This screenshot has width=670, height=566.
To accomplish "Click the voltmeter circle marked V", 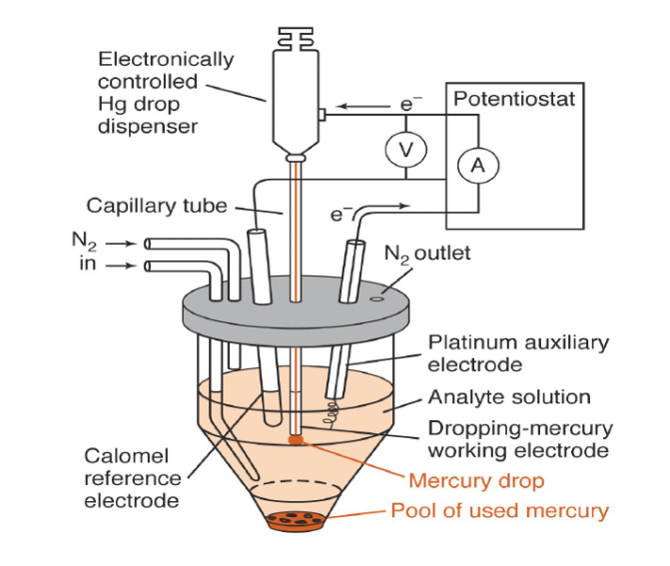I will (405, 149).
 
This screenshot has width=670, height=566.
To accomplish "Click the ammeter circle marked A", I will (477, 166).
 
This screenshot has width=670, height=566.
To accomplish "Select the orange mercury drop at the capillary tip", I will (297, 438).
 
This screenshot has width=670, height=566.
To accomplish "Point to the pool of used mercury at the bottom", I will (297, 520).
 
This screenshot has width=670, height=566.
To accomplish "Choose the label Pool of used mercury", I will (499, 511).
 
